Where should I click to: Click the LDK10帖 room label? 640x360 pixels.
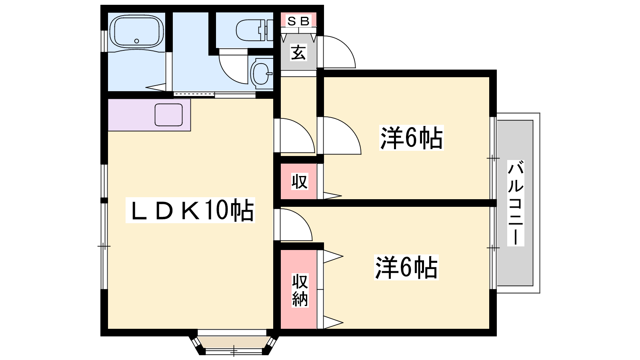[x=190, y=210]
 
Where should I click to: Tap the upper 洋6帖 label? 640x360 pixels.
[x=411, y=138]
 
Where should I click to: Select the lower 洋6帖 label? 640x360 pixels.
[x=406, y=267]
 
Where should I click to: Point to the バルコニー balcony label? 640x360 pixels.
[x=515, y=203]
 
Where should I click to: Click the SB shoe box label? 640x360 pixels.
[x=298, y=21]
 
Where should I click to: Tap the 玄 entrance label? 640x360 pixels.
[x=298, y=52]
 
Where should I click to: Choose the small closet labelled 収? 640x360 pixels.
[x=299, y=182]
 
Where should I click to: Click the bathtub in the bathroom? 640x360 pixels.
[x=137, y=32]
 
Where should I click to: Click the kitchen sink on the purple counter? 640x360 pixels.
[x=169, y=115]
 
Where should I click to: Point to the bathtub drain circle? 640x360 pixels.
[x=137, y=41]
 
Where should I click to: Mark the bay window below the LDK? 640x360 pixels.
[x=232, y=342]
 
